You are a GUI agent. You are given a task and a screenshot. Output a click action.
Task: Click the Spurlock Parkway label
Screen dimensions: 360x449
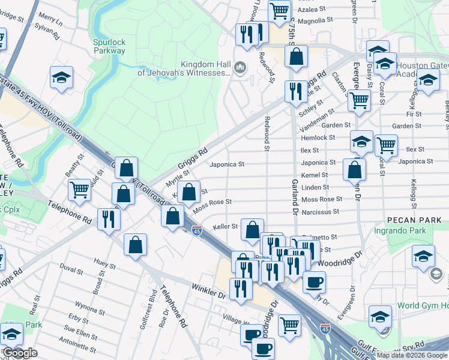(x=109, y=46)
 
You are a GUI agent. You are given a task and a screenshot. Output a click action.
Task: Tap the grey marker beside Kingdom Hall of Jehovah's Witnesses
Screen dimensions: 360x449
(x=241, y=67)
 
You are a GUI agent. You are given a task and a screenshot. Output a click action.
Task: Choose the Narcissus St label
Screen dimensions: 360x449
(x=320, y=211)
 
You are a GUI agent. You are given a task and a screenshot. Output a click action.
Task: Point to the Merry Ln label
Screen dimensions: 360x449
(x=50, y=20)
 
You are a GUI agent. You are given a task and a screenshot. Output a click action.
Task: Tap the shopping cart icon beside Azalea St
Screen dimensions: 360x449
(x=279, y=10)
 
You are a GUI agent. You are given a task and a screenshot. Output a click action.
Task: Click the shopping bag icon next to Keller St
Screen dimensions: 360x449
(x=253, y=229)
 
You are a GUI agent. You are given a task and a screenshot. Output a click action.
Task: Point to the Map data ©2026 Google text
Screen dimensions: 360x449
(x=412, y=355)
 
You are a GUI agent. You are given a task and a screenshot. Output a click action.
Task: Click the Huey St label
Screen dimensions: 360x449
(x=105, y=263)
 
